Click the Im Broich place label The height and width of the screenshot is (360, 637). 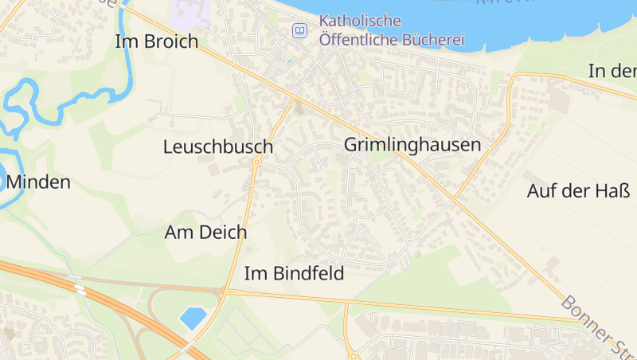156,42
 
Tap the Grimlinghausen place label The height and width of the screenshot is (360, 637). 412,145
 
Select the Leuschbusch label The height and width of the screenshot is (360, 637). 217,147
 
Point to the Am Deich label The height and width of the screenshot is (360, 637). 205,233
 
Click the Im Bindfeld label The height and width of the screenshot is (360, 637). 294,274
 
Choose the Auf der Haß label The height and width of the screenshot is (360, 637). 578,191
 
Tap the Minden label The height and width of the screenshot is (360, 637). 38,182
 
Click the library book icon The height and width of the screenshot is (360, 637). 299,30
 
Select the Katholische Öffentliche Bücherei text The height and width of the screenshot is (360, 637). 391,29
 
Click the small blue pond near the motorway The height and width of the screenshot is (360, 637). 193,318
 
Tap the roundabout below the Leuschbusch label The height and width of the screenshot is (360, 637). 256,162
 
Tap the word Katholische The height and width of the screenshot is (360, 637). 360,21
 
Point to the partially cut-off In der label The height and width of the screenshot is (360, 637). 612,71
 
